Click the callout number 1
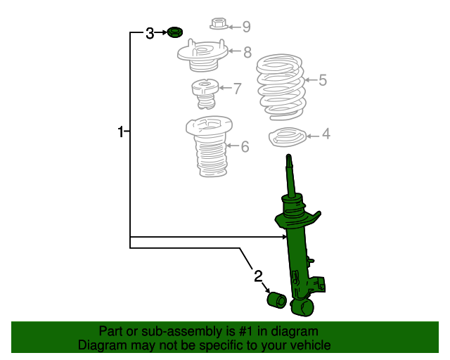click(x=120, y=131)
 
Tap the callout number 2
click(x=258, y=276)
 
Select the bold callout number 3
click(x=150, y=33)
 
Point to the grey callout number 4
click(x=326, y=134)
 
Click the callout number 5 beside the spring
click(x=323, y=80)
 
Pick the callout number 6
click(x=245, y=146)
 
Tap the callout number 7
click(x=238, y=89)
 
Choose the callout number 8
click(x=247, y=52)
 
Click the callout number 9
click(x=247, y=27)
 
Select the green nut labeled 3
click(x=175, y=32)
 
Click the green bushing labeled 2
click(x=276, y=300)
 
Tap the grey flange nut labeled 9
click(x=219, y=23)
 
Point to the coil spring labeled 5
click(x=281, y=86)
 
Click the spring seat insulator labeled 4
click(x=288, y=137)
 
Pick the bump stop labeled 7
click(x=205, y=94)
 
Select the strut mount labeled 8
click(x=202, y=56)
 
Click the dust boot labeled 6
click(x=210, y=146)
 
